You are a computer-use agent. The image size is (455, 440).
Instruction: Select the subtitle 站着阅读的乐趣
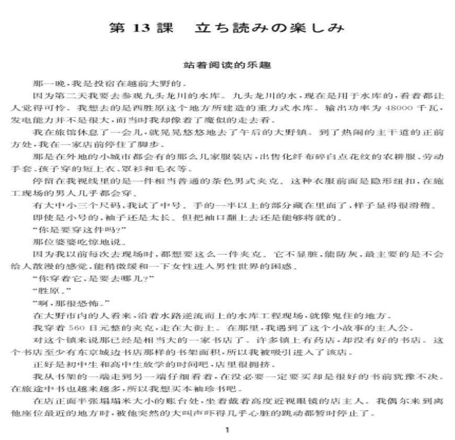(227, 66)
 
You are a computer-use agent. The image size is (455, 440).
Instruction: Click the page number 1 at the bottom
(226, 430)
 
